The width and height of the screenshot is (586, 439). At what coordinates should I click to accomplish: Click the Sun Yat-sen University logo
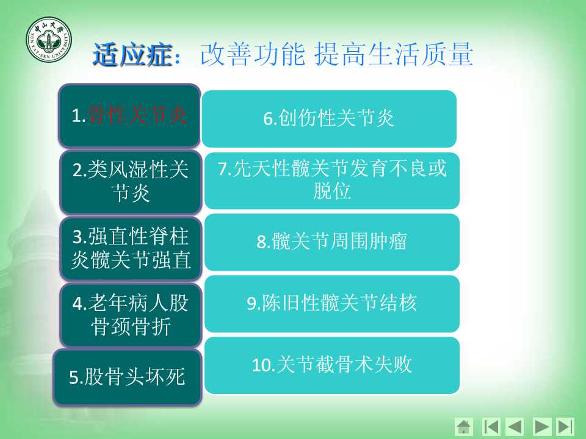(49, 40)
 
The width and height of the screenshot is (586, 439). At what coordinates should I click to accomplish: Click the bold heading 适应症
(132, 55)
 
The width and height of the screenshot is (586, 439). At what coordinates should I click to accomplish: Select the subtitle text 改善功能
(253, 54)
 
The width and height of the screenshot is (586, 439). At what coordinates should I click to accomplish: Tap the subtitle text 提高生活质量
(394, 54)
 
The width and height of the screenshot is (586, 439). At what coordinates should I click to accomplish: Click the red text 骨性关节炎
(136, 115)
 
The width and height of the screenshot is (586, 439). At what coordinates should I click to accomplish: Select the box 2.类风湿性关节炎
(131, 182)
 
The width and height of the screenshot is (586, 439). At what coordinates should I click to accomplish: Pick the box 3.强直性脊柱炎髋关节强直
(131, 248)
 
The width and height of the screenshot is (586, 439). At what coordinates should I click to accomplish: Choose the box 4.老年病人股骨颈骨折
(131, 315)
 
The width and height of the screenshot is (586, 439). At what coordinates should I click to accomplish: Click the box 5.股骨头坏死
(128, 377)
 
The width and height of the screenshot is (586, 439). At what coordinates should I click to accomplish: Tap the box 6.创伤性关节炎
(329, 119)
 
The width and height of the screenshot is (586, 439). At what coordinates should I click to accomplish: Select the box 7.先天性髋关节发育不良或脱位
(332, 180)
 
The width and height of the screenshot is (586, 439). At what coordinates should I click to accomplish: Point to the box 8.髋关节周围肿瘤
(332, 242)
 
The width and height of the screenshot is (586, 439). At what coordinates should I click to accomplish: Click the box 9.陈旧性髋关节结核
(332, 304)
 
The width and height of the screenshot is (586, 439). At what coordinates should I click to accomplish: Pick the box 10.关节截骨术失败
(332, 365)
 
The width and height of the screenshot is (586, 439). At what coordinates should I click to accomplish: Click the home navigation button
(464, 427)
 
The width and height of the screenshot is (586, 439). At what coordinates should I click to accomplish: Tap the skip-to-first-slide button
(491, 427)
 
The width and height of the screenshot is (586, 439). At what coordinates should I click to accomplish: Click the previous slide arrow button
(515, 427)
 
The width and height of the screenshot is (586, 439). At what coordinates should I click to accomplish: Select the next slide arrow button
(542, 427)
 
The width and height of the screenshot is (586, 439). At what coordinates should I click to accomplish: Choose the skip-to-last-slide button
(565, 427)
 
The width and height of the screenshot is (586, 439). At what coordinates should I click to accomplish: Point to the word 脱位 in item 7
(332, 191)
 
